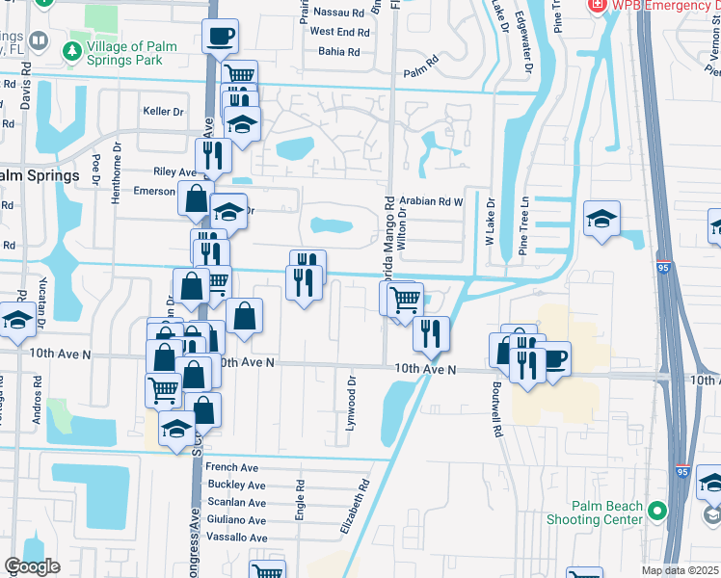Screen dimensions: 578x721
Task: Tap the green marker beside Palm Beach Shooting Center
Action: coord(659,510)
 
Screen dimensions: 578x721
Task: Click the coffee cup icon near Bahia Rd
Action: coord(221,38)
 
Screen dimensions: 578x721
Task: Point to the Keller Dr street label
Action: coord(163,112)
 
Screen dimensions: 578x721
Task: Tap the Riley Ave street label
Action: coord(174,171)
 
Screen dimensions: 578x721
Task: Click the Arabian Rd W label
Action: coord(440,201)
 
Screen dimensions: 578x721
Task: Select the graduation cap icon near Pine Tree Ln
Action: coord(601,219)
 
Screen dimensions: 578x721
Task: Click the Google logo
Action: coord(32,566)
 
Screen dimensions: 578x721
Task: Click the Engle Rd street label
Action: coord(301,500)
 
